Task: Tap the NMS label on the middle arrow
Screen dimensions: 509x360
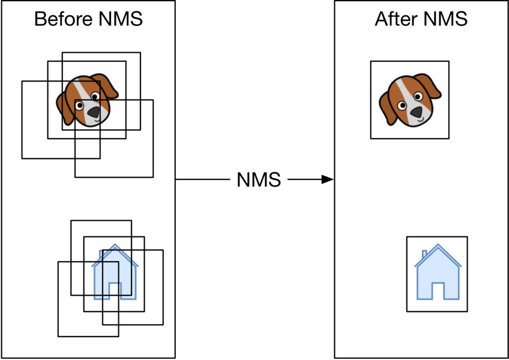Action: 259,179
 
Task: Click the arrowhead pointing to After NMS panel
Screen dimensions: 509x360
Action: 327,179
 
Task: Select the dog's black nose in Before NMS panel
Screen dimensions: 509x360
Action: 94,112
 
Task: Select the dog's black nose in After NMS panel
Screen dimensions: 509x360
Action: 417,112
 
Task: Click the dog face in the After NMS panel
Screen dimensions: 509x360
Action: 410,100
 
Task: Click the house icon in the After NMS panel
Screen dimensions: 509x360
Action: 438,272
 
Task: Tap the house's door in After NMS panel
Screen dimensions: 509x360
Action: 438,291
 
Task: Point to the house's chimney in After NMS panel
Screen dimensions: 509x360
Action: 424,254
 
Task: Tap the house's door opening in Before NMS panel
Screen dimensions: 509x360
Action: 115,291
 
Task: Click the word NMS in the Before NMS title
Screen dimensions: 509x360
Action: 121,19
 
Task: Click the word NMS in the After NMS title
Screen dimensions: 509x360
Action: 446,19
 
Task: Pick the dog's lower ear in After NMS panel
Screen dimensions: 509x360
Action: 387,109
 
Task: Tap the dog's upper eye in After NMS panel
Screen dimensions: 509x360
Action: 418,96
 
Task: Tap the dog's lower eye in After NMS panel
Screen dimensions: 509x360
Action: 402,106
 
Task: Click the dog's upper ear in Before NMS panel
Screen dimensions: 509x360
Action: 106,85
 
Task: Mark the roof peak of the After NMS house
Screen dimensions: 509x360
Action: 438,244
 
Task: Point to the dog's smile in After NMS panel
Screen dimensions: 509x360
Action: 420,120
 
